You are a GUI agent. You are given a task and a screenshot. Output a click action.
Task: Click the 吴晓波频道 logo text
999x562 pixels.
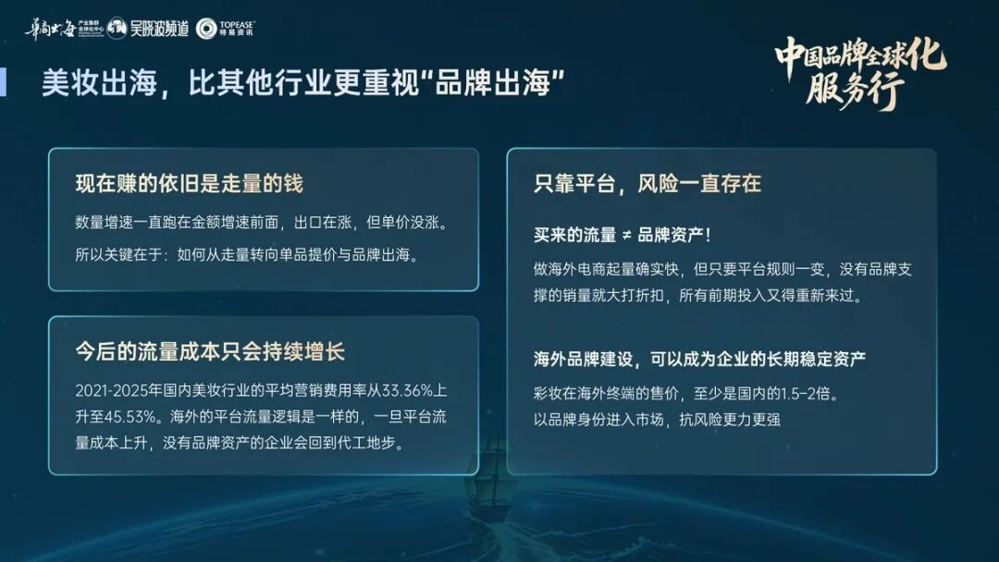159,29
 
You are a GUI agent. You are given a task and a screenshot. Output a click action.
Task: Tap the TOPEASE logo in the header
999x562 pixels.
225,29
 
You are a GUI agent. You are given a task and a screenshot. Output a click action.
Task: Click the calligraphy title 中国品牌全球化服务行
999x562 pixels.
860,72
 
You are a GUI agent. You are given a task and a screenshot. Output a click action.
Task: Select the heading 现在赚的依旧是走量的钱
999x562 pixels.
190,183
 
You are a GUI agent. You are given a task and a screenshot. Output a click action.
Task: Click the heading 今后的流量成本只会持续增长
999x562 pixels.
210,351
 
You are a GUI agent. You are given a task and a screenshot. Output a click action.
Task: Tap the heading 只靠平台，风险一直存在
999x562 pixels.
647,183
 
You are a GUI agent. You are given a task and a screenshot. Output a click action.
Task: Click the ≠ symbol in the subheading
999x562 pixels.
626,236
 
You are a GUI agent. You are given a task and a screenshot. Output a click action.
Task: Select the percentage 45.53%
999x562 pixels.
130,417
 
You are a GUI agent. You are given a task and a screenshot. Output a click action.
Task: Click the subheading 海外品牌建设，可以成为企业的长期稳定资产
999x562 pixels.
699,359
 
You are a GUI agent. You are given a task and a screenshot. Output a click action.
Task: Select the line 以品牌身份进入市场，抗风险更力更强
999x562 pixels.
657,420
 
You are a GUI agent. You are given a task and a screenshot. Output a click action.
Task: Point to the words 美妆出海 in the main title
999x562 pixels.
99,83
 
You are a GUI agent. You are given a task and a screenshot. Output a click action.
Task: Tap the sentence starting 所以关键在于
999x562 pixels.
247,254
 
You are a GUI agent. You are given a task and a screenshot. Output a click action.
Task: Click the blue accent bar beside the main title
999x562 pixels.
3,82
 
